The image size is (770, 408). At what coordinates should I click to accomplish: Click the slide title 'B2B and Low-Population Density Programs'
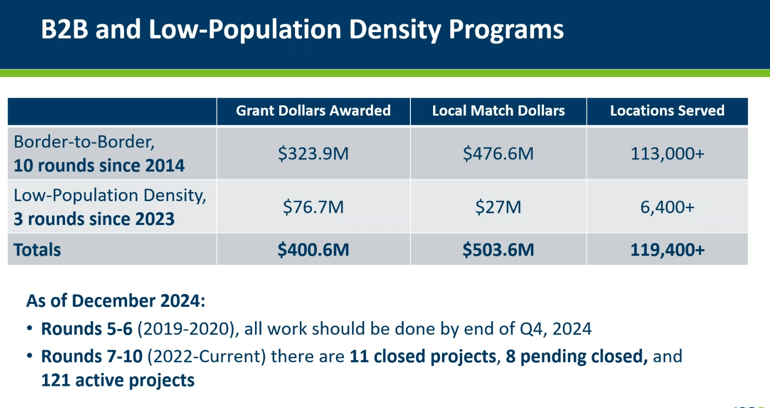coord(302,30)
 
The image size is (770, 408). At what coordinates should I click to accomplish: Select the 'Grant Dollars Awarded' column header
coord(313,111)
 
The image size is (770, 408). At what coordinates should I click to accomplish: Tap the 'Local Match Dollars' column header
coord(498,111)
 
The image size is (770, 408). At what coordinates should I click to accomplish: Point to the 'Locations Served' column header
coord(667,111)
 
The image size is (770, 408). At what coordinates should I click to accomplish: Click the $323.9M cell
coord(313,153)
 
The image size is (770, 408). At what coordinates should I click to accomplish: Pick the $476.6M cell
coord(498,153)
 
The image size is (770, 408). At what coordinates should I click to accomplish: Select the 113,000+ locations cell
coord(667,153)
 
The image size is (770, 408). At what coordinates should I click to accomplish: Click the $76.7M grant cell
coord(313,207)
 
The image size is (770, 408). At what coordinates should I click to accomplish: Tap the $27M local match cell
coord(498,207)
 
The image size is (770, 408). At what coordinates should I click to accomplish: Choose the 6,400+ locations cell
coord(667,207)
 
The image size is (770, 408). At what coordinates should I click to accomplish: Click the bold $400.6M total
coord(313,250)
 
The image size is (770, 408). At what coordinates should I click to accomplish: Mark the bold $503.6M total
coord(498,250)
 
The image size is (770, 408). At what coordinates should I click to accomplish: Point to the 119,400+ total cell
coord(667,250)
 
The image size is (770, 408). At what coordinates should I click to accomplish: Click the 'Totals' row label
coord(37,250)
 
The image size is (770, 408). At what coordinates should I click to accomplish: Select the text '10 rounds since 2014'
coord(99,166)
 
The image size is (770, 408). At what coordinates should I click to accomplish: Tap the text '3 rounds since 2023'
coord(94,219)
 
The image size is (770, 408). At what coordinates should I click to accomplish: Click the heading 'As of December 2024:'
coord(115,301)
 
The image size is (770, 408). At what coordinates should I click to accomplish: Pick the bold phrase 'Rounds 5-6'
coord(87,329)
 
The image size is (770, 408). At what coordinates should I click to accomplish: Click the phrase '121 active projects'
coord(117,380)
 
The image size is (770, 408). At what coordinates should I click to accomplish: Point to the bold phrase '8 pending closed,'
coord(577,356)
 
